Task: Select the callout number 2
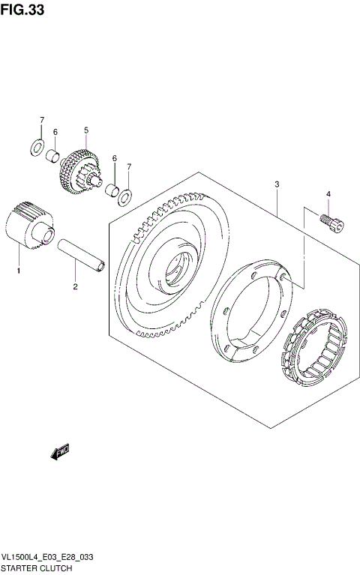coord(75,286)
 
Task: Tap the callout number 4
coord(328,195)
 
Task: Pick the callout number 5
coord(86,130)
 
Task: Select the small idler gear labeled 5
coord(79,172)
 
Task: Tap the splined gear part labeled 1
coord(29,223)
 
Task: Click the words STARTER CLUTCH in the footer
coord(37,569)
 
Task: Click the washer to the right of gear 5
coord(127,196)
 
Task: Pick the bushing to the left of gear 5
coord(53,157)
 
